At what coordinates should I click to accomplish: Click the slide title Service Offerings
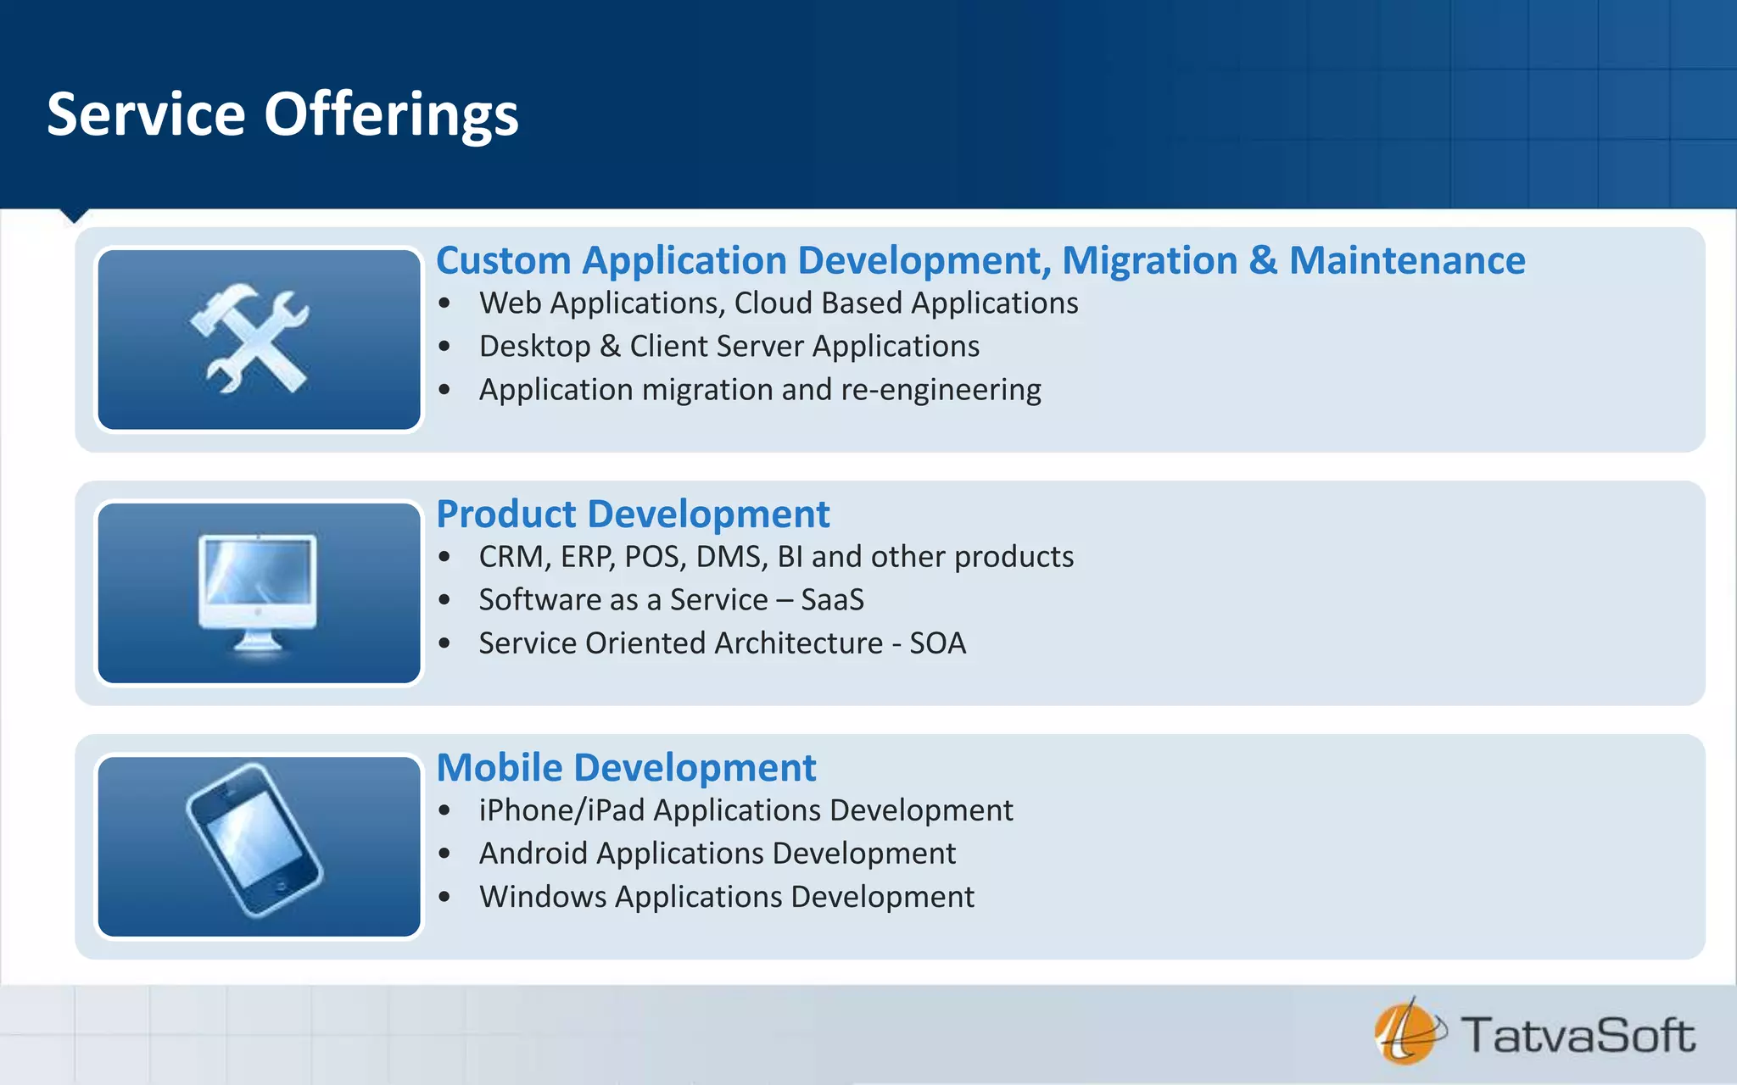(x=282, y=114)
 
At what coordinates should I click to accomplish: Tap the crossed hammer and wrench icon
(x=251, y=338)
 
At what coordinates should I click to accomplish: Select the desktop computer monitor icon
(x=258, y=592)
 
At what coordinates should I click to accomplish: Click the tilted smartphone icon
(x=254, y=840)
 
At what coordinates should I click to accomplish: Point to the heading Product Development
(x=633, y=514)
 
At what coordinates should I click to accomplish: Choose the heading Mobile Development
(x=626, y=767)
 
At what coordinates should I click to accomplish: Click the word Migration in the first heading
(x=1149, y=260)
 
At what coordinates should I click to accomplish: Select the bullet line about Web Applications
(x=778, y=303)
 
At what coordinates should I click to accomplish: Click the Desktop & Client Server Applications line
(x=729, y=347)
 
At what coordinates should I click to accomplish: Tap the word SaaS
(x=832, y=600)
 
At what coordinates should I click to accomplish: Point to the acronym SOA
(x=937, y=643)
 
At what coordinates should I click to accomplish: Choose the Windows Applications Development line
(x=726, y=897)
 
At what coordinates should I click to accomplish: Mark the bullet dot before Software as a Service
(x=444, y=600)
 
